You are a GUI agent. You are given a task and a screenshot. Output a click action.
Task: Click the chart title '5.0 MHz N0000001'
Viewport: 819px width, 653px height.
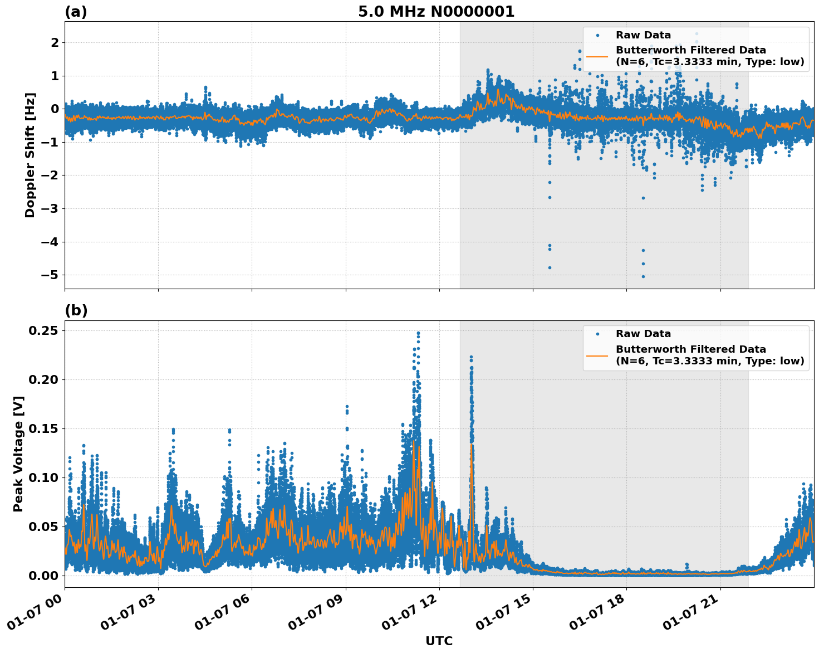[x=436, y=12]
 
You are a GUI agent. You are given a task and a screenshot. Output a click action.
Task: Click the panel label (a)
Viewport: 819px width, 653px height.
[x=76, y=12]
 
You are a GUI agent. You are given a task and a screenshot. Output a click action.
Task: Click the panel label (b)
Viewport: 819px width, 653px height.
[x=76, y=310]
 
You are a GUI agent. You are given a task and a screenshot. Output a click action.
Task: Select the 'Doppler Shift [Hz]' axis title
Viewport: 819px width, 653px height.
[x=30, y=155]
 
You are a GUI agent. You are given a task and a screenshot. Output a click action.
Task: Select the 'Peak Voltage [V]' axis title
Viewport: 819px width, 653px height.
[x=18, y=454]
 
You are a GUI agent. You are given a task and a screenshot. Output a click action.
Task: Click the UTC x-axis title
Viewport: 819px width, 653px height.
[x=439, y=641]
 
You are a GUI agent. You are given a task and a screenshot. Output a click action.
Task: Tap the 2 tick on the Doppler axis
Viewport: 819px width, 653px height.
[x=55, y=42]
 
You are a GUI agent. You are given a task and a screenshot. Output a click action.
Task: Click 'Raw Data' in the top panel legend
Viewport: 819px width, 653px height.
[x=643, y=35]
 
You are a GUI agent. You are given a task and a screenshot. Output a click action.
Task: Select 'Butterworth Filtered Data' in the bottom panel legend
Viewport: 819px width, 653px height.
[x=690, y=349]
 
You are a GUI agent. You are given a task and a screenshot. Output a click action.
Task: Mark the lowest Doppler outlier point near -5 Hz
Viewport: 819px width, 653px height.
[x=643, y=276]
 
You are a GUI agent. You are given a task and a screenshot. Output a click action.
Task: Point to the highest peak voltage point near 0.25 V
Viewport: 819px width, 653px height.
[x=418, y=333]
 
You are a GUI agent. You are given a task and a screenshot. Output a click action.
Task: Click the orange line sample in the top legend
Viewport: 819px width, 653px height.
[x=597, y=56]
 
